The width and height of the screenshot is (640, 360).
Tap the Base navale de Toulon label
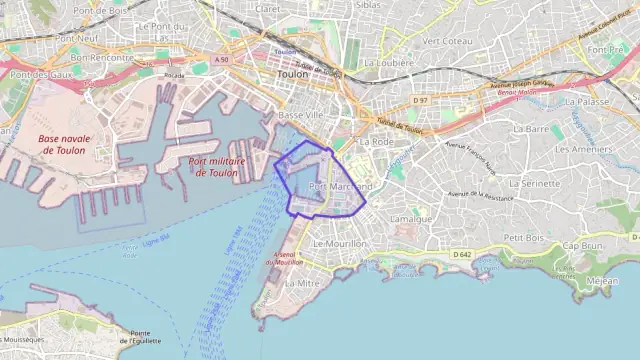[x=61, y=144]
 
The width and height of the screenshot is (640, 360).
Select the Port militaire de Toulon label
[x=212, y=166]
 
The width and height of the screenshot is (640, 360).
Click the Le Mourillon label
[x=340, y=243]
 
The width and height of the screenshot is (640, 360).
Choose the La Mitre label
[x=301, y=283]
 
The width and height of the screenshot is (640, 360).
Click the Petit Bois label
[x=523, y=238]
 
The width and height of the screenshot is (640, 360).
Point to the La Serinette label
[x=535, y=184]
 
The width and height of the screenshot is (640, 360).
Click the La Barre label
[x=531, y=129]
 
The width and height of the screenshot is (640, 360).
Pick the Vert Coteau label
[x=446, y=41]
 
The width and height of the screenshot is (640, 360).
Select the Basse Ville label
[x=300, y=116]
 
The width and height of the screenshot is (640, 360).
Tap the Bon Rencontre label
[x=101, y=58]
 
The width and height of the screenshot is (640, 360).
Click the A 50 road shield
[x=220, y=61]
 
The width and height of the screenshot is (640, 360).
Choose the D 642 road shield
[x=461, y=255]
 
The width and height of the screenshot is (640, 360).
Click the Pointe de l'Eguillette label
[x=140, y=337]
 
